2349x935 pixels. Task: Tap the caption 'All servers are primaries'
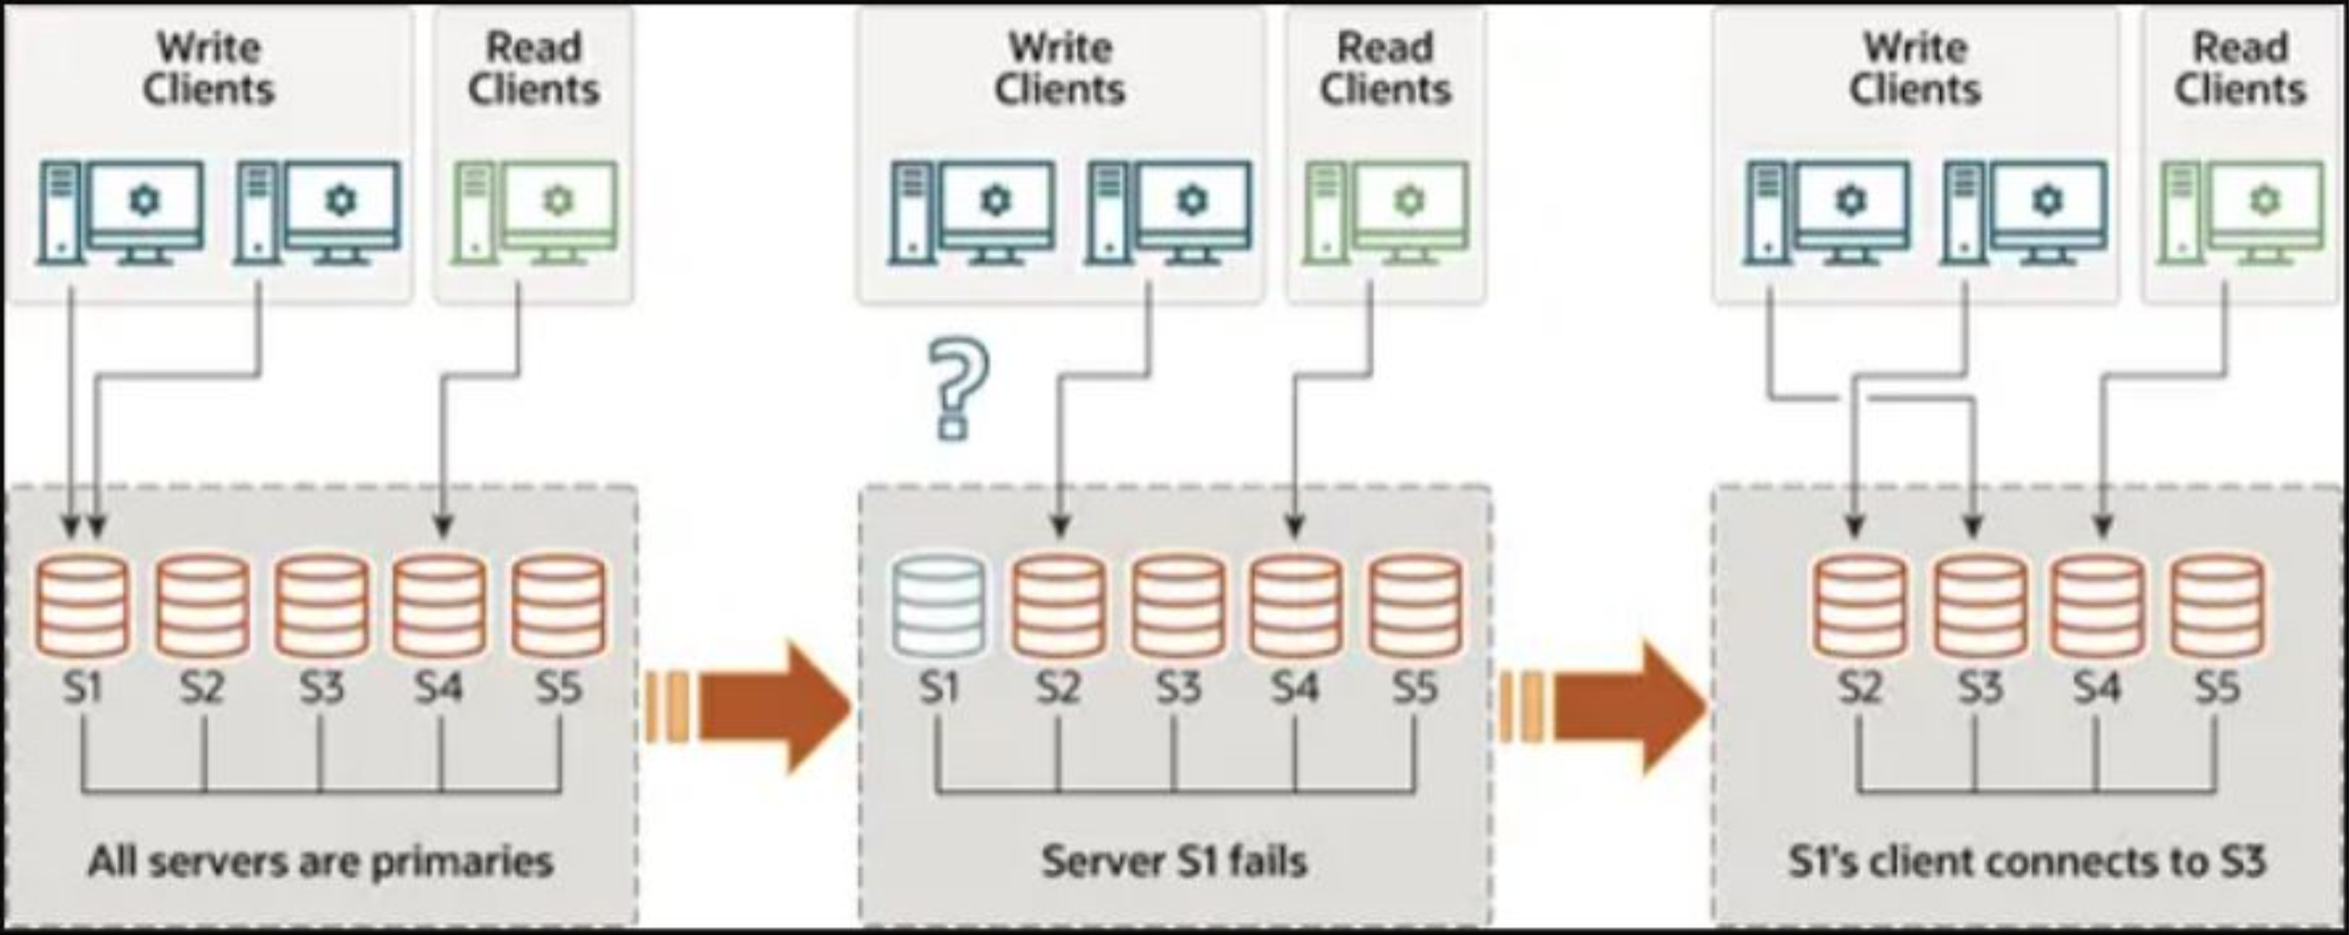click(321, 862)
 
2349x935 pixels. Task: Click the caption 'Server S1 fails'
click(1174, 861)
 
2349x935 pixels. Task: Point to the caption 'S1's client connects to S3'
click(2027, 862)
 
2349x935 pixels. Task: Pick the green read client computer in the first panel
click(534, 212)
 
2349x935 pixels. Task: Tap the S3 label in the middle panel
click(1178, 688)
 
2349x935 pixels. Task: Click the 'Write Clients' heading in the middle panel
click(1059, 68)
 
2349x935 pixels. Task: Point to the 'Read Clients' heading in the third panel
click(2239, 68)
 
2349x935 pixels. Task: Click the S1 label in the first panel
click(82, 688)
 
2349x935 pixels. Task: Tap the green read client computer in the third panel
click(2242, 212)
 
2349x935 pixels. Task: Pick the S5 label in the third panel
click(2217, 688)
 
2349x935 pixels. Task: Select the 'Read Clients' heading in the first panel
click(533, 68)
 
